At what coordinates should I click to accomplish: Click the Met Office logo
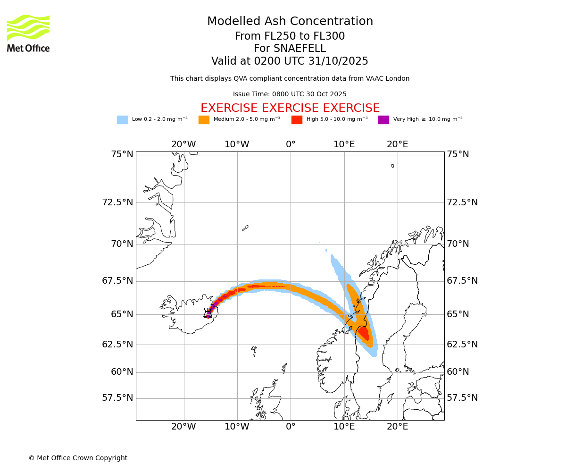[28, 33]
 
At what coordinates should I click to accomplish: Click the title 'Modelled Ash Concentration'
[290, 21]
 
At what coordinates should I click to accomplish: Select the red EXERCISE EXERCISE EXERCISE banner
[290, 108]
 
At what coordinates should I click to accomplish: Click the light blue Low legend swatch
[122, 120]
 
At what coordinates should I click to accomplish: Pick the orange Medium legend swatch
[204, 120]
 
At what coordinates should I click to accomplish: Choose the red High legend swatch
[297, 120]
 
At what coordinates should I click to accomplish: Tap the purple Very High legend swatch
[383, 120]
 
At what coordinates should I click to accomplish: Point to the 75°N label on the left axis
[117, 154]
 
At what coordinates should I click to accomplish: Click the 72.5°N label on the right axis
[462, 202]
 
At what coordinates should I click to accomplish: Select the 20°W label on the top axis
[183, 144]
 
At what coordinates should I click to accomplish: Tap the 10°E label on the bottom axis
[344, 427]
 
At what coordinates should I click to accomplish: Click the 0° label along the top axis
[291, 144]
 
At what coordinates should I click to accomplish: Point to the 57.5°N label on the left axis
[117, 398]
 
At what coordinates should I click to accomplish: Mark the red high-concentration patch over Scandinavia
[364, 333]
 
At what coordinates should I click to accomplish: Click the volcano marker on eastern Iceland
[208, 313]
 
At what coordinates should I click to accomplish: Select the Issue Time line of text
[290, 94]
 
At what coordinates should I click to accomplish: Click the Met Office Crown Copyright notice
[78, 458]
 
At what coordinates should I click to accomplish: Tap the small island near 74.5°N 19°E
[392, 166]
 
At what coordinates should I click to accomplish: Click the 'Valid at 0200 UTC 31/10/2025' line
[290, 61]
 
